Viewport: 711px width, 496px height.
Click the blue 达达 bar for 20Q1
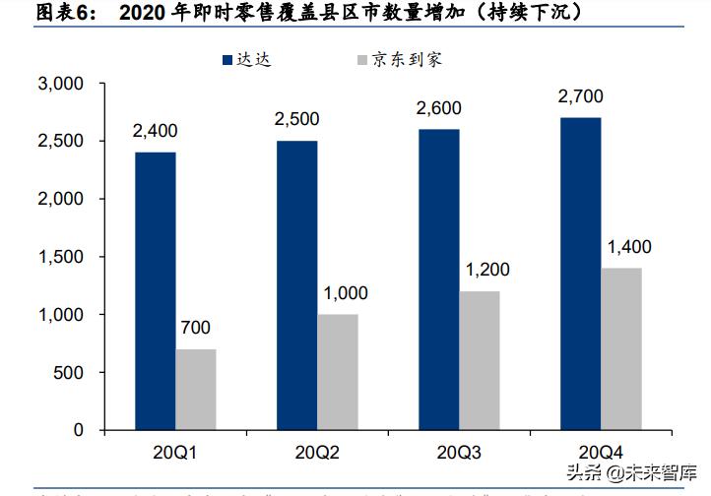[156, 291]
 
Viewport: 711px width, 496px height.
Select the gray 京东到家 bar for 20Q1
[196, 390]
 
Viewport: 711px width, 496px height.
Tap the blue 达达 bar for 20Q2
[297, 285]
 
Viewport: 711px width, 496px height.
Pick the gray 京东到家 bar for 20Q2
[338, 372]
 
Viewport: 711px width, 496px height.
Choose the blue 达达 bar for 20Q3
[438, 279]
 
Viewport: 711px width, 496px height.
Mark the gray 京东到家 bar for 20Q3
[480, 360]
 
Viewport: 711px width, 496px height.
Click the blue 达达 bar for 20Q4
[580, 274]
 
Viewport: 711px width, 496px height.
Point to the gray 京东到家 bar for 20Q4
[621, 348]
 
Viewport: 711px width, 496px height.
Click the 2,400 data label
[156, 131]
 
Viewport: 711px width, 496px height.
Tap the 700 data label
[196, 329]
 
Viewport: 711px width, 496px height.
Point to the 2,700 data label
[580, 96]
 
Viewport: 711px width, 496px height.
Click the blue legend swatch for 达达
[226, 60]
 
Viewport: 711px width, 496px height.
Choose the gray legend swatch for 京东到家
[360, 60]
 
